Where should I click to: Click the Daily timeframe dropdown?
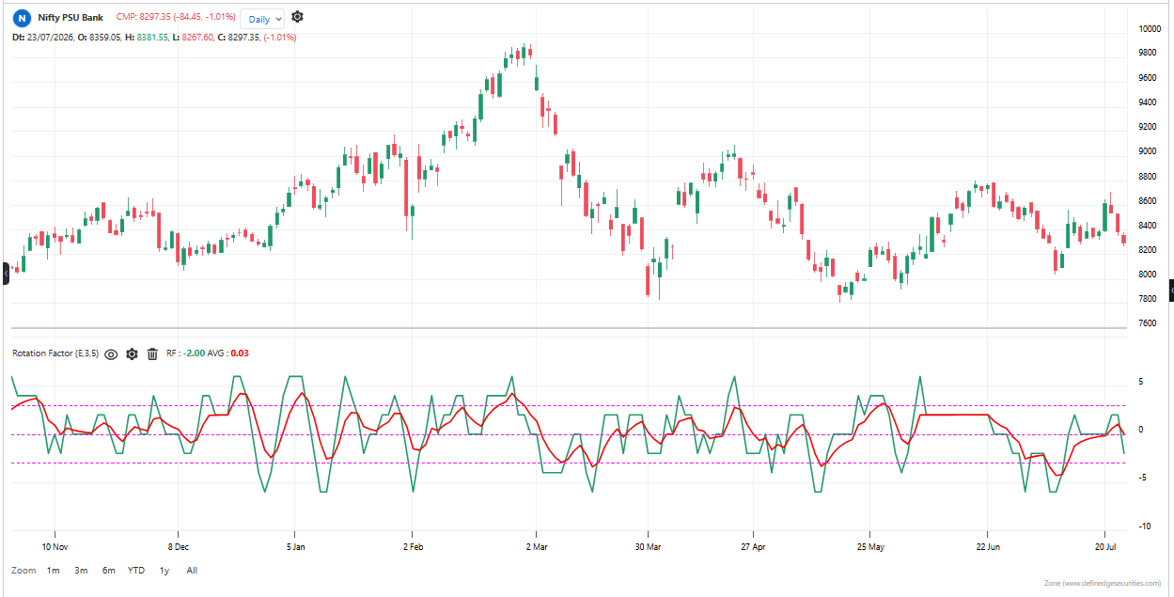click(x=262, y=19)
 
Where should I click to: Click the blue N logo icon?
click(x=22, y=19)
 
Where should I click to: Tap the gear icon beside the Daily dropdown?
click(x=297, y=17)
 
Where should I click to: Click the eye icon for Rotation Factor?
click(x=111, y=354)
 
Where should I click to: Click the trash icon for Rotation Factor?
click(x=152, y=354)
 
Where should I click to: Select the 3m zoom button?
click(x=81, y=571)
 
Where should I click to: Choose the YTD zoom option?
click(x=136, y=571)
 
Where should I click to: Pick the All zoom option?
click(x=192, y=571)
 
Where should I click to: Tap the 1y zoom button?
click(x=164, y=571)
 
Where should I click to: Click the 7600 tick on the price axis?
click(x=1148, y=322)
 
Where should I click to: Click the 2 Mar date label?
click(x=537, y=546)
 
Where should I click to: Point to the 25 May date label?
click(x=870, y=546)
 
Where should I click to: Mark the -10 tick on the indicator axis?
click(x=1145, y=526)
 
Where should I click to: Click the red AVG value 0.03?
click(x=240, y=353)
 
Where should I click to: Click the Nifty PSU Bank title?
click(x=70, y=17)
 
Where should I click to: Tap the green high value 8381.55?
click(x=152, y=38)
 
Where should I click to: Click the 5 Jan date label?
click(x=295, y=546)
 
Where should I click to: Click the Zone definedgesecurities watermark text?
click(x=1103, y=583)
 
